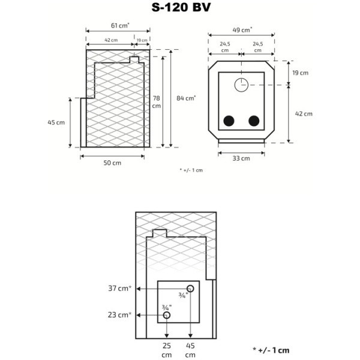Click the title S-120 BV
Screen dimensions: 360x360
(181, 7)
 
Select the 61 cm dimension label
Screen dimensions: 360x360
(120, 25)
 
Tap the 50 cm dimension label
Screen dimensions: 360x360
(112, 163)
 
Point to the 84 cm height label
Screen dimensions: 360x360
(186, 98)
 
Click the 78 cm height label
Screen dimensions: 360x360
(157, 102)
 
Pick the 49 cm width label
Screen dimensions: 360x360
(242, 30)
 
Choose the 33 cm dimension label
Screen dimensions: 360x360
(241, 158)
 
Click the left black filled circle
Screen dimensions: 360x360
(229, 121)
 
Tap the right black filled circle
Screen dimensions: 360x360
(254, 121)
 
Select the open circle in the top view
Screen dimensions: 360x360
(241, 85)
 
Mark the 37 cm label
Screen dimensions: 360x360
(120, 288)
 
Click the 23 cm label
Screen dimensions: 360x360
(119, 315)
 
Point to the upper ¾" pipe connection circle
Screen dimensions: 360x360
(190, 289)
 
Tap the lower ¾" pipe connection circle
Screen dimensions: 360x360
(167, 315)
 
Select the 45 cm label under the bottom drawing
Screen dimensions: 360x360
(190, 350)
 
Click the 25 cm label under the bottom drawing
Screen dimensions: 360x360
(167, 350)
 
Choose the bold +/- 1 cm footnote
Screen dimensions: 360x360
(271, 350)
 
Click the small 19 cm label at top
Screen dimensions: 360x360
(142, 40)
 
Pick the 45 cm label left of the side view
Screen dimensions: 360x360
(56, 122)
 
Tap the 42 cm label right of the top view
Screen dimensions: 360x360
(304, 113)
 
